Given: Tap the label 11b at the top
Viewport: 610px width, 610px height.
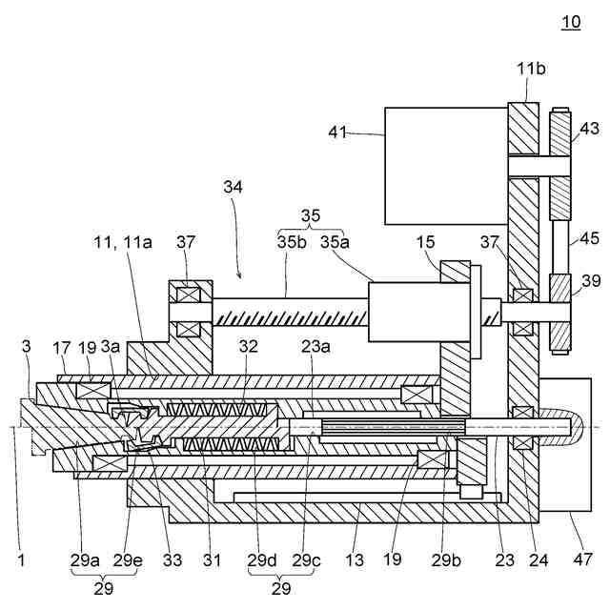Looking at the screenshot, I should (531, 70).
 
